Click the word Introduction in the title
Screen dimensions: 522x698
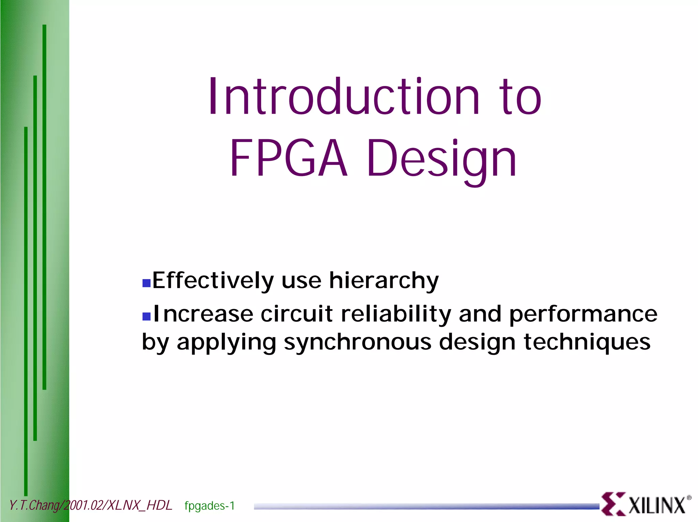[x=344, y=97]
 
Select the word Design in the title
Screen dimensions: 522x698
[x=442, y=160]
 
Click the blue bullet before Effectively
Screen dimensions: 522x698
[x=146, y=283]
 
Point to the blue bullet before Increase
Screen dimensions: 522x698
[x=146, y=316]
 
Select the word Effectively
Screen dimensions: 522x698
[x=213, y=281]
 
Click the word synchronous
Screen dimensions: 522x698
[x=358, y=343]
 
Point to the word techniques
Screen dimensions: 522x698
[x=587, y=343]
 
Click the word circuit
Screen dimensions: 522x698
[x=297, y=314]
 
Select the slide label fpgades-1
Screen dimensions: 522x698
[x=210, y=506]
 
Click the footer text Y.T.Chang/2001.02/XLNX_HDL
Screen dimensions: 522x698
[x=90, y=505]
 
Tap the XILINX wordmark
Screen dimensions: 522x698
[x=656, y=505]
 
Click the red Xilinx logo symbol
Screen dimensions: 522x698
[x=613, y=504]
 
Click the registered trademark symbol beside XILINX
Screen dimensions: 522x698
[x=689, y=498]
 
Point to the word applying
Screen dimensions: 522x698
[x=226, y=343]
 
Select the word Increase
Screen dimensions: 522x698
[x=203, y=314]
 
